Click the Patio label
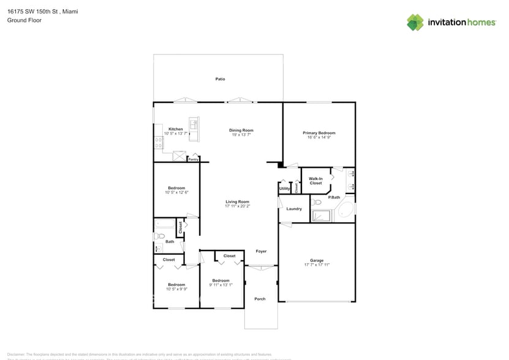pos(220,79)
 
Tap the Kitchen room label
pos(176,129)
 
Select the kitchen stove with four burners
pos(159,143)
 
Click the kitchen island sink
pos(194,125)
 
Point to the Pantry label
pos(193,159)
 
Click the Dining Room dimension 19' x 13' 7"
pos(241,135)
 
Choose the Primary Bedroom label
pos(319,133)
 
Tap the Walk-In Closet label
pos(315,181)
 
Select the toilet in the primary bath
pos(316,202)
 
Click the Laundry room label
pos(294,209)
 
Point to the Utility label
pos(284,189)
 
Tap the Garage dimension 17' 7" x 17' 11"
pos(317,265)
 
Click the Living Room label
pos(237,201)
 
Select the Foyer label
pos(261,251)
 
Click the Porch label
pos(260,299)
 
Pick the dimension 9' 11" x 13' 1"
pos(221,285)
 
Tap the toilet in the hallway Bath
pos(159,236)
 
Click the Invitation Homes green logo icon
pos(415,23)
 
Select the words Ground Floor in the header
pos(21,20)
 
